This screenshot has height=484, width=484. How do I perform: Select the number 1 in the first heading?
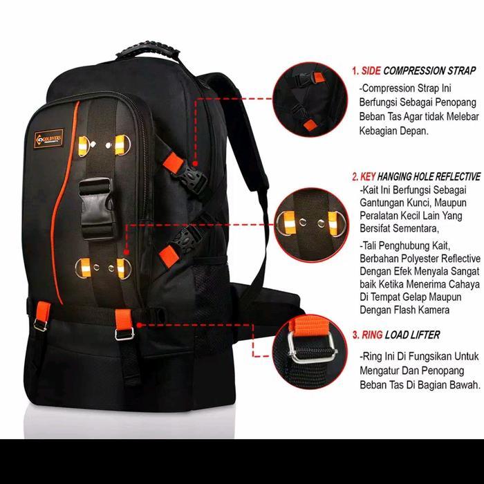(354, 70)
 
